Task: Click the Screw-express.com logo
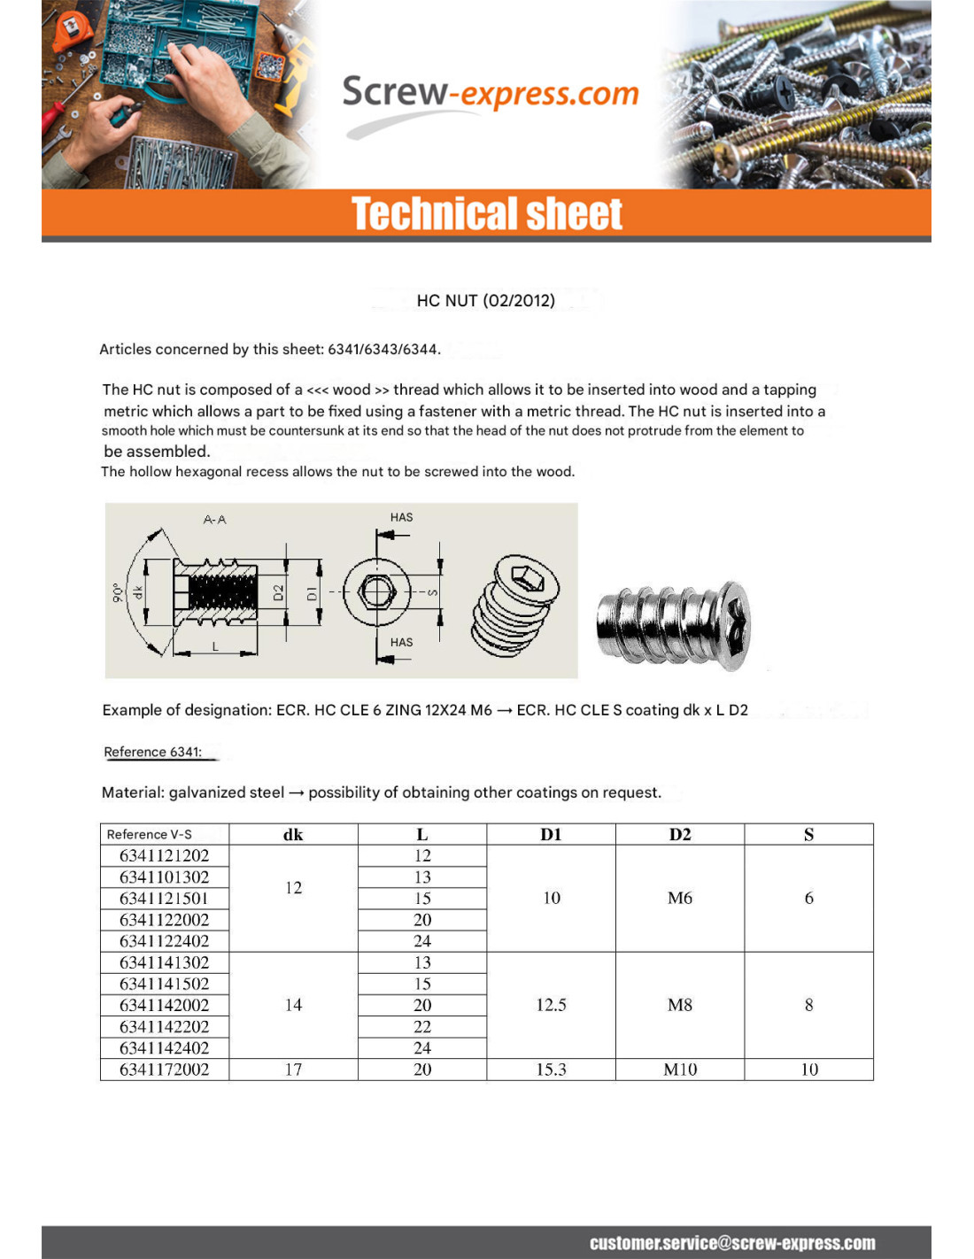490,95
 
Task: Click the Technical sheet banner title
487,214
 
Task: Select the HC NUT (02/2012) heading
486,301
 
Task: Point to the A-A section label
214,520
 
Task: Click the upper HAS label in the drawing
401,517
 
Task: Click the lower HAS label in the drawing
401,642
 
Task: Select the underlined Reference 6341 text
152,752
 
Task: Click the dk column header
293,834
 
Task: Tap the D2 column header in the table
680,834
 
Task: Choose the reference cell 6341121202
165,856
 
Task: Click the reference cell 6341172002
165,1070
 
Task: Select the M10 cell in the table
680,1070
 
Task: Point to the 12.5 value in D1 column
551,1005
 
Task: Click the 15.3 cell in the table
551,1070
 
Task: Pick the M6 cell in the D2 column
680,898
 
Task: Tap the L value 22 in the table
422,1027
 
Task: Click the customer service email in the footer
732,1243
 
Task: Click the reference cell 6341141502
165,984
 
